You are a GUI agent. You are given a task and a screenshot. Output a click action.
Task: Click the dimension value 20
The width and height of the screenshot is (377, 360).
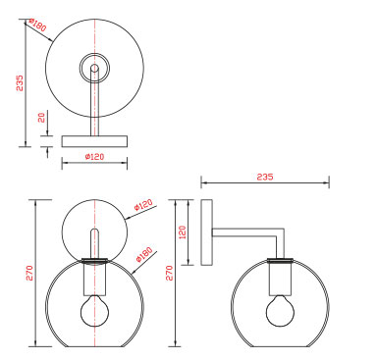point(41,118)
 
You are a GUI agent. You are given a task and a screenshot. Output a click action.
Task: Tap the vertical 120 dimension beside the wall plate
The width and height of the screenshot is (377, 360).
point(183,231)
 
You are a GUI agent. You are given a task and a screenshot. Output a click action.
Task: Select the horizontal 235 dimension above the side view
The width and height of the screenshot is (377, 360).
point(265,177)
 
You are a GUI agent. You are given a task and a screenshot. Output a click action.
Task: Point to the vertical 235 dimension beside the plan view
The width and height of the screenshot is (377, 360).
point(21,83)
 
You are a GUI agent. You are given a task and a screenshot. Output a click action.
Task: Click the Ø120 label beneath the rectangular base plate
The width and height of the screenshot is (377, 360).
point(94,157)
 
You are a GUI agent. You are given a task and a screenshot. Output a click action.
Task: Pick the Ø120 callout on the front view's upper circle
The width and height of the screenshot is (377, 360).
point(143,205)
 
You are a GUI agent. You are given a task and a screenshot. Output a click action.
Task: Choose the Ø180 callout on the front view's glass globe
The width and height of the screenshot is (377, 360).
point(144,254)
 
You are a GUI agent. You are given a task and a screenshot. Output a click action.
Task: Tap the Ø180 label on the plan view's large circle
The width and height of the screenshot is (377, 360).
point(37,25)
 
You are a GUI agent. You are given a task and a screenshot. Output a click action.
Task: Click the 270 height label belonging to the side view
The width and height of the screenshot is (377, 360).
point(169,273)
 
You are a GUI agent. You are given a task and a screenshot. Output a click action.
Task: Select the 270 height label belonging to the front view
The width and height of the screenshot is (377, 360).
point(29,273)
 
